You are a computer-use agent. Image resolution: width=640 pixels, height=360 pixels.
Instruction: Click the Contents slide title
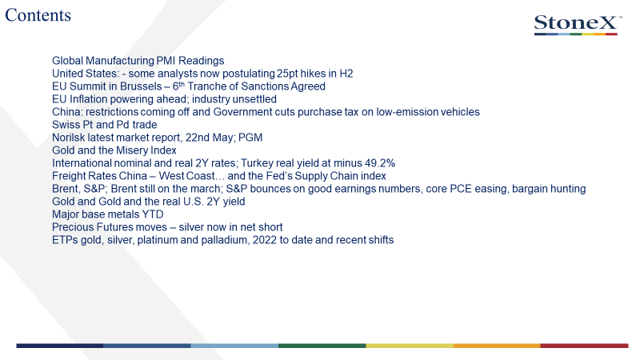click(x=38, y=15)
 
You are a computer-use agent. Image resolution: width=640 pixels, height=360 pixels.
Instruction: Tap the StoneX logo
click(x=578, y=25)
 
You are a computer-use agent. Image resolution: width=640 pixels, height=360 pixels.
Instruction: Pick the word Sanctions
click(x=266, y=86)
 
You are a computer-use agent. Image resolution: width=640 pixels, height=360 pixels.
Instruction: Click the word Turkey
click(x=257, y=163)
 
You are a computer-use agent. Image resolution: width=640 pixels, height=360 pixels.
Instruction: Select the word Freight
click(x=68, y=176)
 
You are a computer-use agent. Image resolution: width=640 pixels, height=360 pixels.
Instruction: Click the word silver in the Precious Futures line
click(x=192, y=227)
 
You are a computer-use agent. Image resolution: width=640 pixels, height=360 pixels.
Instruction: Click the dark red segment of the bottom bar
click(x=585, y=346)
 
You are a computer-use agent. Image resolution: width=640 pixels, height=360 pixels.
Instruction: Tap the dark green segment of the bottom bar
click(x=322, y=346)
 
